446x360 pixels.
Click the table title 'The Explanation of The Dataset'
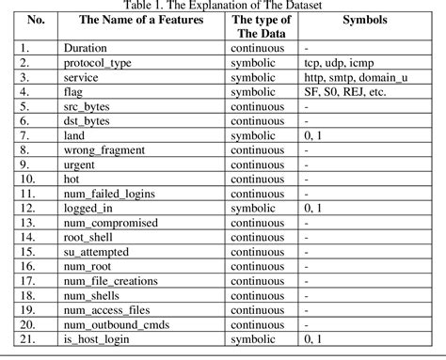[223, 6]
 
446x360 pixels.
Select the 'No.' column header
[37, 19]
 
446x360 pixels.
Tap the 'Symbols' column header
[362, 19]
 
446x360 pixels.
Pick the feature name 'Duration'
[84, 45]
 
